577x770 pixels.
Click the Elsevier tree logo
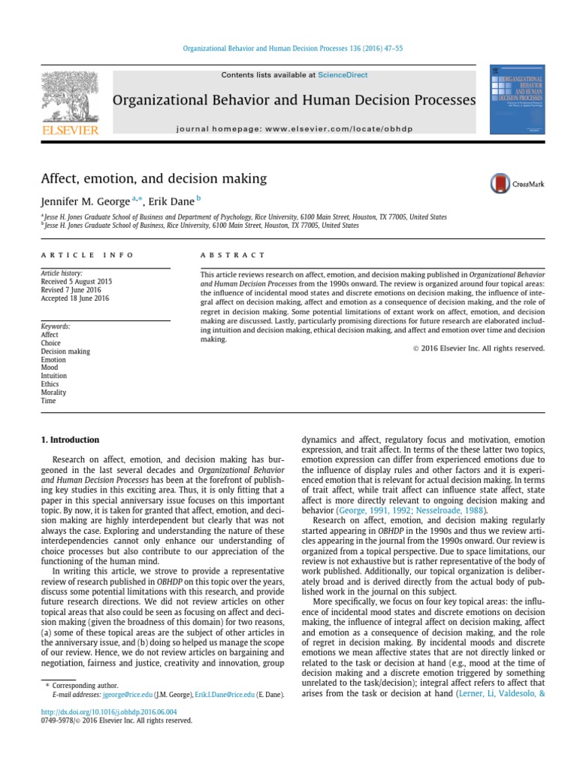pos(70,98)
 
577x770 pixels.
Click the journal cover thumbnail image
pos(518,102)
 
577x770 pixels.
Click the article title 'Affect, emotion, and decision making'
pos(154,178)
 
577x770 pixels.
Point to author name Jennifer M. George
pos(85,202)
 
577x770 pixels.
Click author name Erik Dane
pos(174,202)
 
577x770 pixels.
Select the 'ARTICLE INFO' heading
pos(87,255)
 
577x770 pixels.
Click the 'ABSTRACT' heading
pos(232,255)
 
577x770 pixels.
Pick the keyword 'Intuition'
pos(54,376)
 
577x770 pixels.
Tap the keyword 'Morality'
pos(53,393)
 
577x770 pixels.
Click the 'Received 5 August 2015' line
pos(77,282)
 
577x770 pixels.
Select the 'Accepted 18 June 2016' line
pos(75,299)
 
